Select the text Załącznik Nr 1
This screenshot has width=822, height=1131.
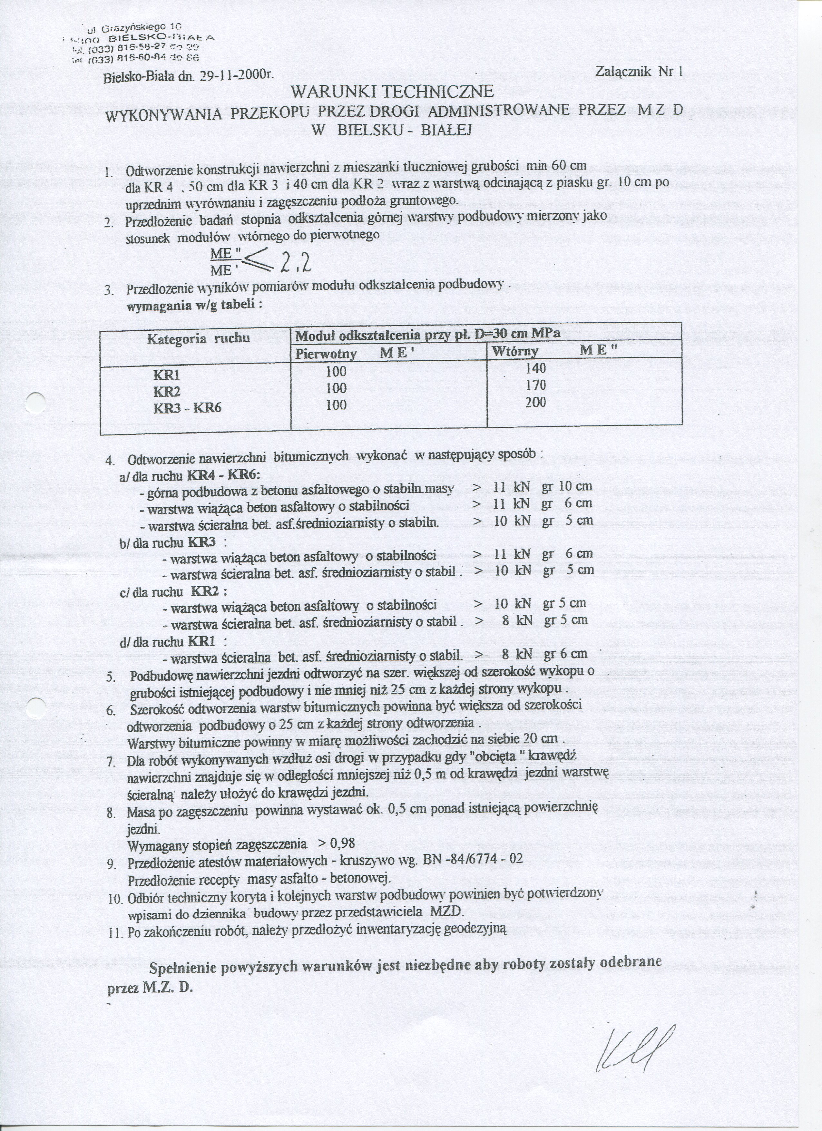(x=639, y=71)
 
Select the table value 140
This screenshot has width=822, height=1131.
(x=536, y=368)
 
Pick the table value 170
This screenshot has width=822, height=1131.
(x=536, y=385)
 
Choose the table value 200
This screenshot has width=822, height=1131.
(x=536, y=403)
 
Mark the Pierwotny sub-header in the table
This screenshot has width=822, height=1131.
(x=326, y=354)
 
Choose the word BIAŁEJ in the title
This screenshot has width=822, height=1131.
(x=446, y=130)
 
